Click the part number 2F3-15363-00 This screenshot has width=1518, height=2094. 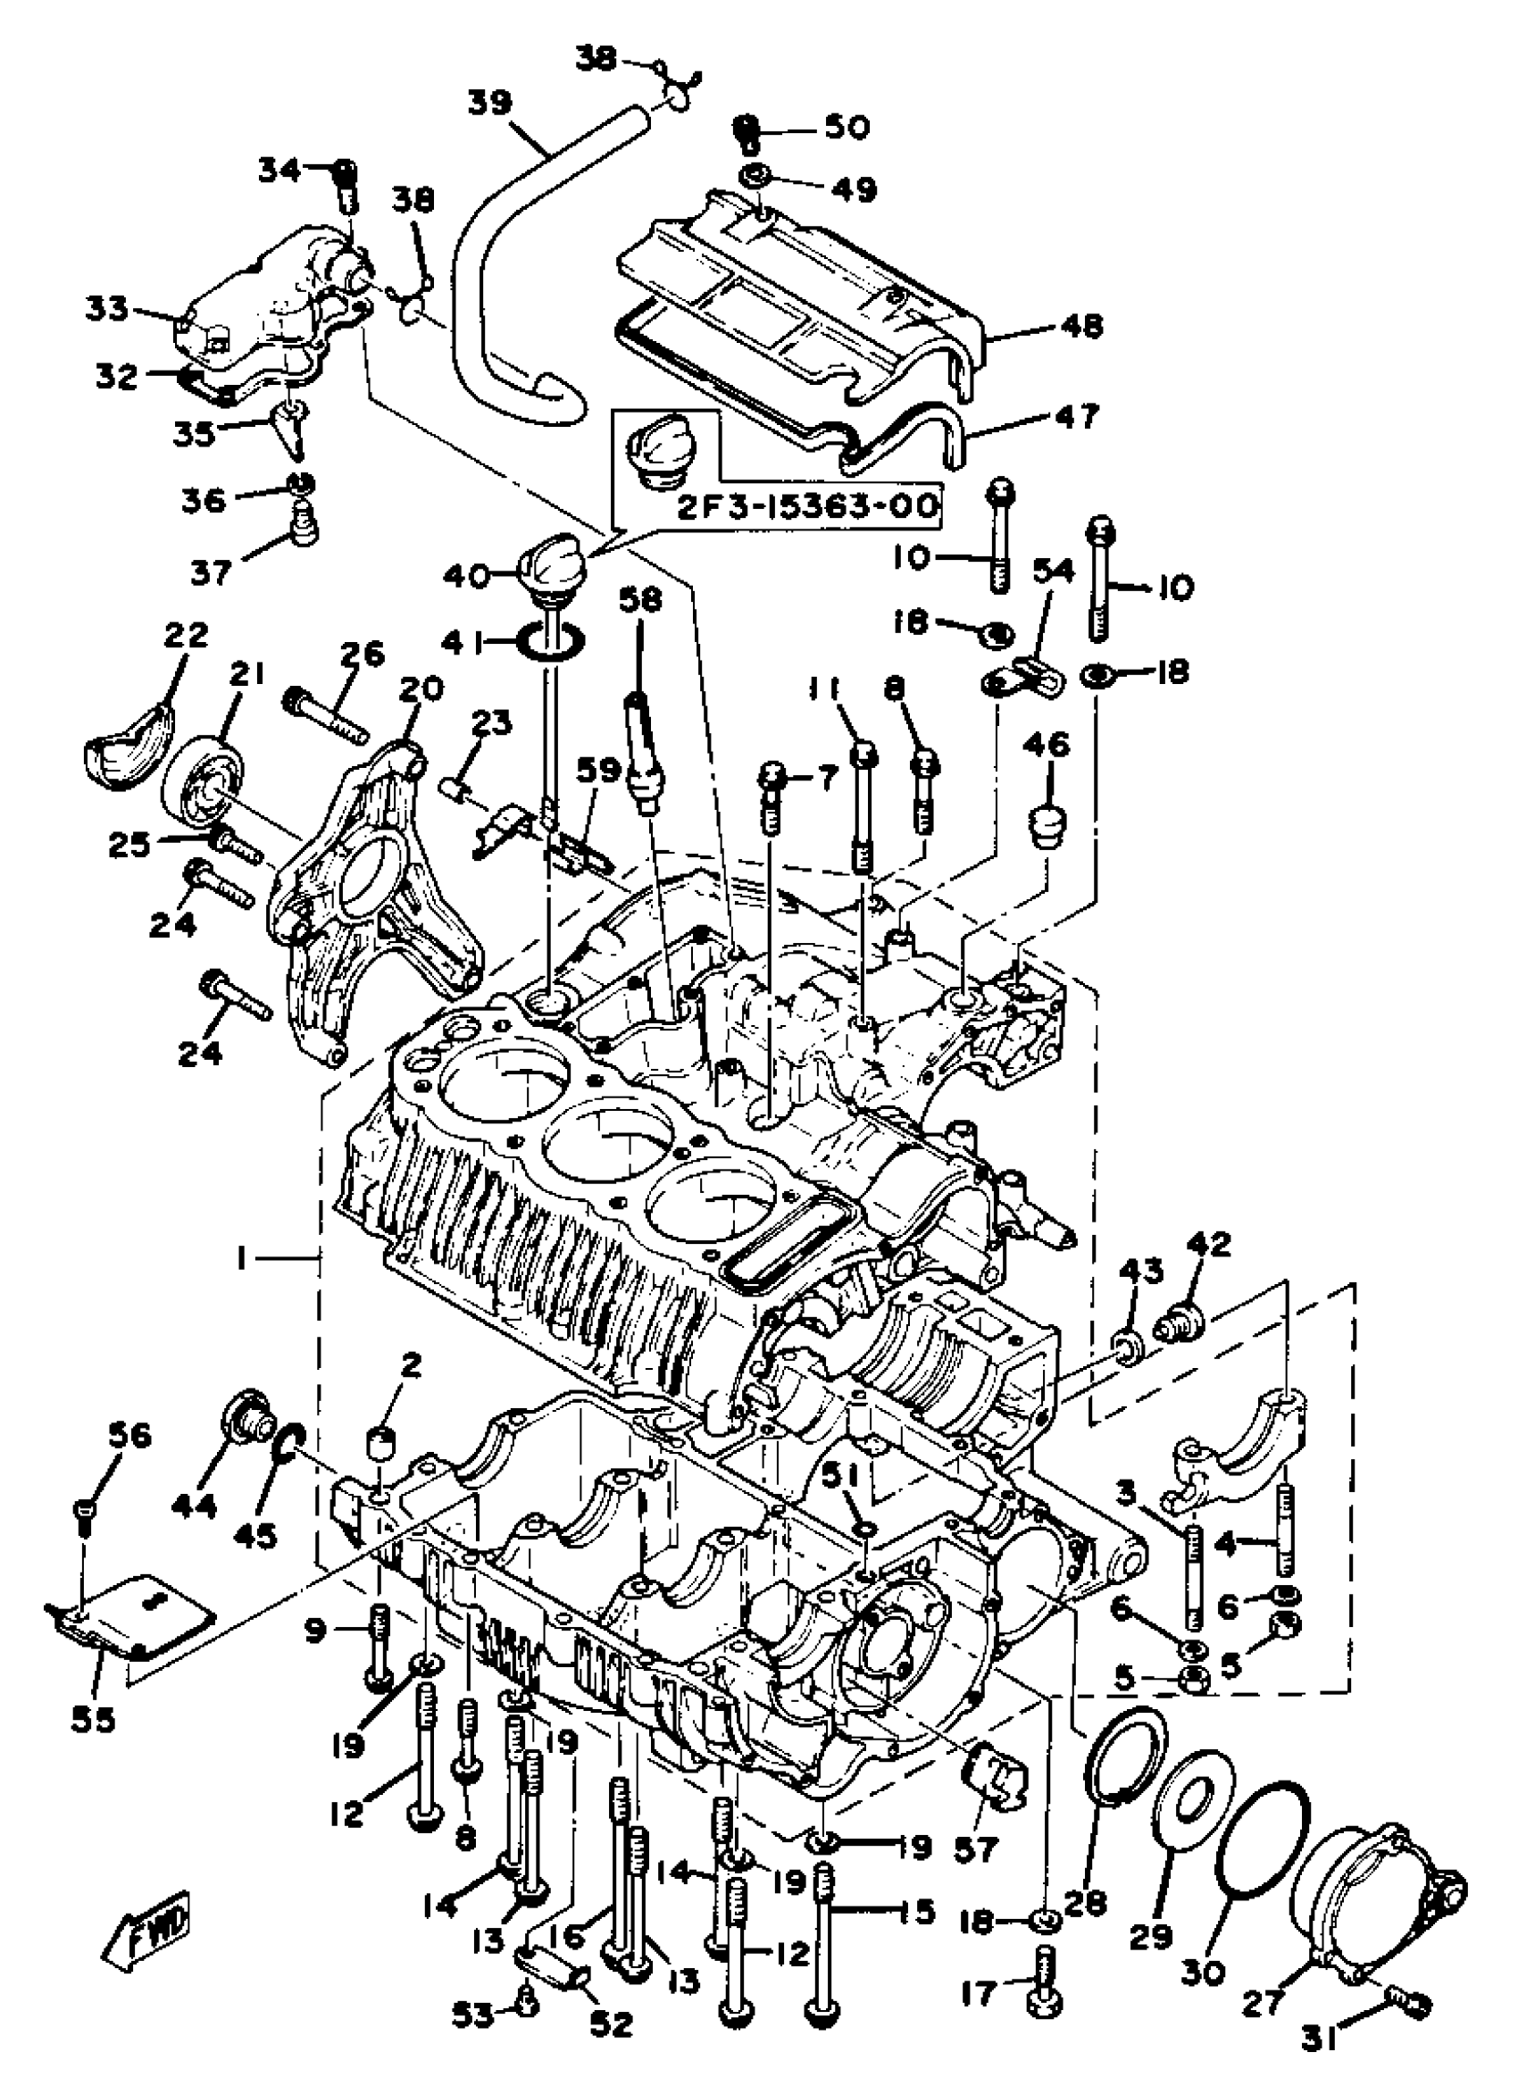[809, 506]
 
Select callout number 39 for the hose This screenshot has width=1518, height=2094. [490, 103]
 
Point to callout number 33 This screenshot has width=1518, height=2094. [108, 308]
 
